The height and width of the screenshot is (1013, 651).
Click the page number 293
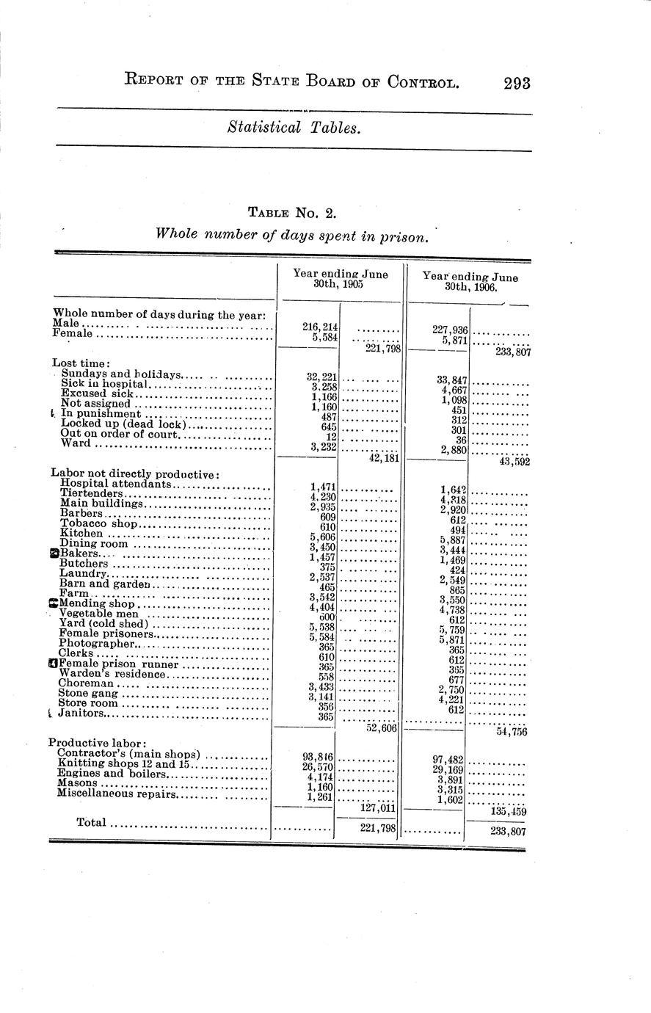coord(517,83)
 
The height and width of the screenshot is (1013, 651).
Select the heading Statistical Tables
coord(294,128)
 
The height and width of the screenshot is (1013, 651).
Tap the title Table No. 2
coord(291,214)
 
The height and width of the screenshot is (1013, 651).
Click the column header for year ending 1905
coord(340,278)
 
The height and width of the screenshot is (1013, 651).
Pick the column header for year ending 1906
coord(470,281)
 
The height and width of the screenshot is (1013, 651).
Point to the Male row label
coord(68,323)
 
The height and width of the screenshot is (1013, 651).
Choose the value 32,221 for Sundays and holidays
coord(321,377)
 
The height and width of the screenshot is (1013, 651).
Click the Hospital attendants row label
coord(115,483)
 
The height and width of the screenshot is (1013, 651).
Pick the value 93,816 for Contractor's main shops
coord(318,757)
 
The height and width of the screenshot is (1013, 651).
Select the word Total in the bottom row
coord(91,823)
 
